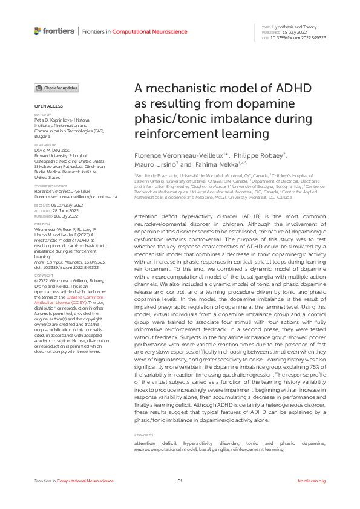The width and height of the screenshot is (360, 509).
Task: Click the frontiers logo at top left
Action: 54,31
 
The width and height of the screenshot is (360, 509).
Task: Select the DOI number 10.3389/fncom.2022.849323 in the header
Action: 298,37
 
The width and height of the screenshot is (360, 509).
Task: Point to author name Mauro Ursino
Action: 155,164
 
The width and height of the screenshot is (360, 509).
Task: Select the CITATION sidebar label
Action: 41,224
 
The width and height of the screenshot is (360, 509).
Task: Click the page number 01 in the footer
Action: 180,481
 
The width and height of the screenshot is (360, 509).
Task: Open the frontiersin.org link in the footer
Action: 312,481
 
